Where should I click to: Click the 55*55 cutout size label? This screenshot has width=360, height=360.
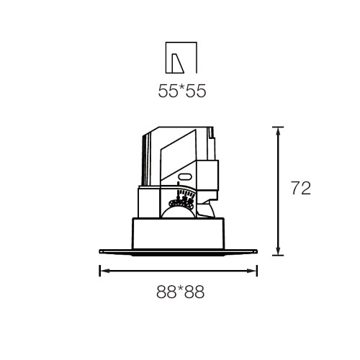pos(182,91)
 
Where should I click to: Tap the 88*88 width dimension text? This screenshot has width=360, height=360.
pos(181,292)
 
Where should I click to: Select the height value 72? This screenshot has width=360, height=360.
pos(301,188)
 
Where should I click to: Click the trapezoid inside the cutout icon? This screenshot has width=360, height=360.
pos(178,63)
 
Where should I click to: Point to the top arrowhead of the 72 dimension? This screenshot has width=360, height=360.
pos(278,132)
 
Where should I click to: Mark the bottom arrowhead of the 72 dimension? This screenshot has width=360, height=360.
pos(278,251)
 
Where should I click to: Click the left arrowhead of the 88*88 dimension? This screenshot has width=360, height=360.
pos(105,271)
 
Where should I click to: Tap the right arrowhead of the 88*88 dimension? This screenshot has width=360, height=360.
pos(252,271)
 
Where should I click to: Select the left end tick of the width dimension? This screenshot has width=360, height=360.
pos(99,271)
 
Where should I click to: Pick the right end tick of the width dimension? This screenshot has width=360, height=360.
pos(257,271)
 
